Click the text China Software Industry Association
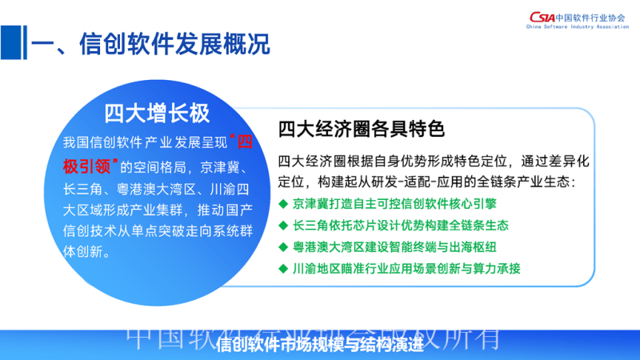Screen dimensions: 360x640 tap(578, 27)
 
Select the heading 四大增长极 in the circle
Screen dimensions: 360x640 tap(158, 113)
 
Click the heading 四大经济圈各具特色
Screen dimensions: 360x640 tap(361, 128)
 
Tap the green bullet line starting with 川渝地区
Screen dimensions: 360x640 tap(402, 268)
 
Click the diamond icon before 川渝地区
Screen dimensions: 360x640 tap(283, 268)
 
